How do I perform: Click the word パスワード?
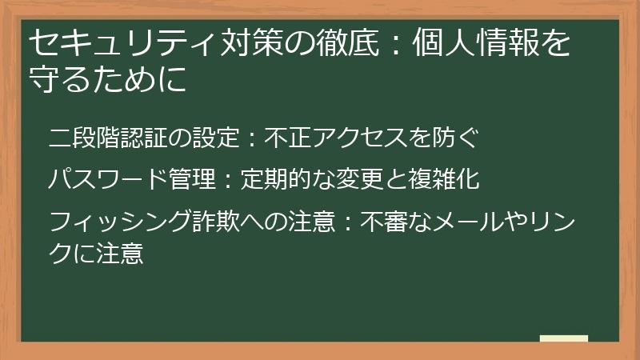click(108, 178)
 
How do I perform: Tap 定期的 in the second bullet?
click(276, 178)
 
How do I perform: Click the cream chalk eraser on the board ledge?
click(563, 338)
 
